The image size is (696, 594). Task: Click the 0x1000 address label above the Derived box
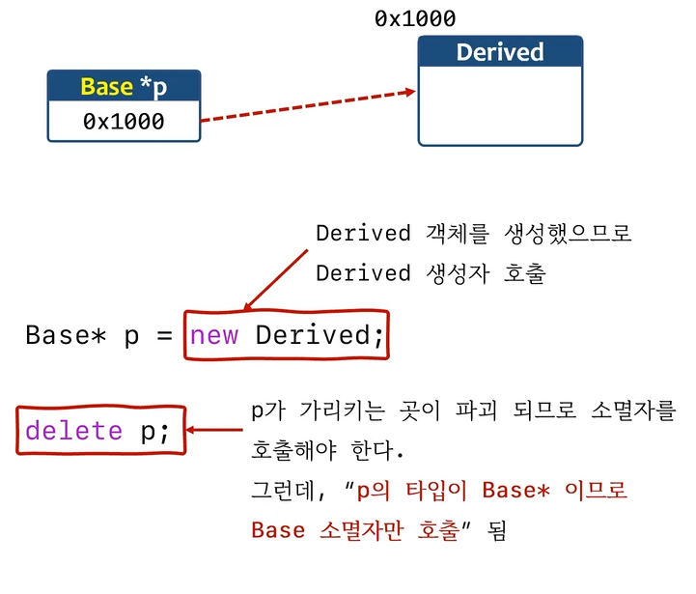[415, 19]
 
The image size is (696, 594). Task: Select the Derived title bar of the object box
[500, 52]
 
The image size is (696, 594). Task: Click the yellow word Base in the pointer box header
[106, 86]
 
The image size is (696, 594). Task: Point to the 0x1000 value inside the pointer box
[124, 122]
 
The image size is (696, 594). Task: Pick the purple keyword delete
[73, 431]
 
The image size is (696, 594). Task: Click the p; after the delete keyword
[154, 431]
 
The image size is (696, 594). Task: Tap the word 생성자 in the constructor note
[459, 273]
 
